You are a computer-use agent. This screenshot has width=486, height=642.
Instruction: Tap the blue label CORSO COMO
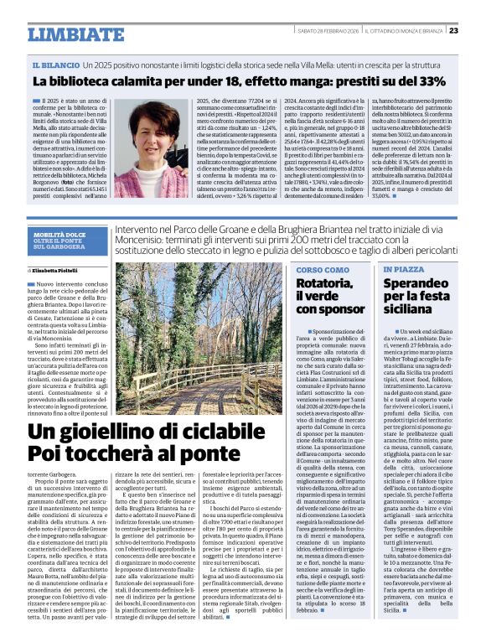click(x=323, y=270)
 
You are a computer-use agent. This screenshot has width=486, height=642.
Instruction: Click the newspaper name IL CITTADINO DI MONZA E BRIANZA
click(x=409, y=31)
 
